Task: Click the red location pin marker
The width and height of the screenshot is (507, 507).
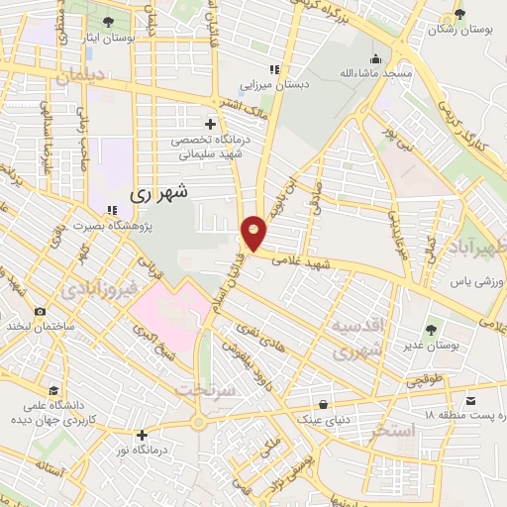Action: coord(253,233)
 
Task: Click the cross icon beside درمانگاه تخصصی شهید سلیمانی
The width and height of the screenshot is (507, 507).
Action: coord(209,124)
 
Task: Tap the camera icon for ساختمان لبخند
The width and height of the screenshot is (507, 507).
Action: coord(40,311)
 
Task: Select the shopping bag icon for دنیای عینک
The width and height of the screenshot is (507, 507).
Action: coord(324,403)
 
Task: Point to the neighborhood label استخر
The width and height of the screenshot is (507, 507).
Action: coord(388,432)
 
